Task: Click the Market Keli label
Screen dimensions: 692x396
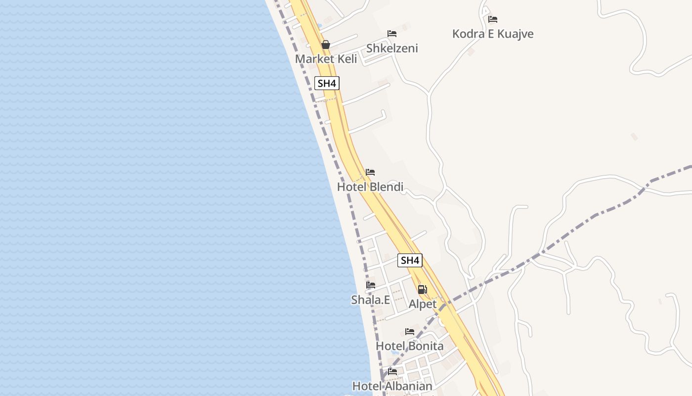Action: [x=326, y=59]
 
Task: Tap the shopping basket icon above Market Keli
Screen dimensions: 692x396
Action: [x=326, y=45]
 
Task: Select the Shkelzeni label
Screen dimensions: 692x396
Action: [x=392, y=48]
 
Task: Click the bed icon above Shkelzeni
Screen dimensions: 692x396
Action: [x=392, y=34]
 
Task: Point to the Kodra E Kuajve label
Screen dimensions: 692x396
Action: [x=493, y=34]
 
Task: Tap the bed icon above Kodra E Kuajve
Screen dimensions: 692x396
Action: [x=493, y=19]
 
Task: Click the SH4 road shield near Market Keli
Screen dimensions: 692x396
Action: [x=327, y=83]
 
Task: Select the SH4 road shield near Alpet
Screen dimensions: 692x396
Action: [x=410, y=260]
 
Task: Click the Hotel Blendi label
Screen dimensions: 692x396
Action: [x=370, y=187]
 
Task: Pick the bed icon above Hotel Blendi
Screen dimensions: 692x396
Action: [x=370, y=172]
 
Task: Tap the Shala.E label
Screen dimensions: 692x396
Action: [x=371, y=299]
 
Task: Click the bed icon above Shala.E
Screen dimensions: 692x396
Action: [x=371, y=285]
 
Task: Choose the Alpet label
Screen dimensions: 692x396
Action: [x=423, y=304]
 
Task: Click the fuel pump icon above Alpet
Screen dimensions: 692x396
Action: [x=422, y=290]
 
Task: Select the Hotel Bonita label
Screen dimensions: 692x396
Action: [x=410, y=346]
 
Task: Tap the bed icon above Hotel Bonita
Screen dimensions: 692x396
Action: [x=410, y=331]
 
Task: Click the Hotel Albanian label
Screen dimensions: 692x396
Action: [x=392, y=386]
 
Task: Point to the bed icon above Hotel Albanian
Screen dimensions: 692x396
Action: [x=392, y=371]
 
